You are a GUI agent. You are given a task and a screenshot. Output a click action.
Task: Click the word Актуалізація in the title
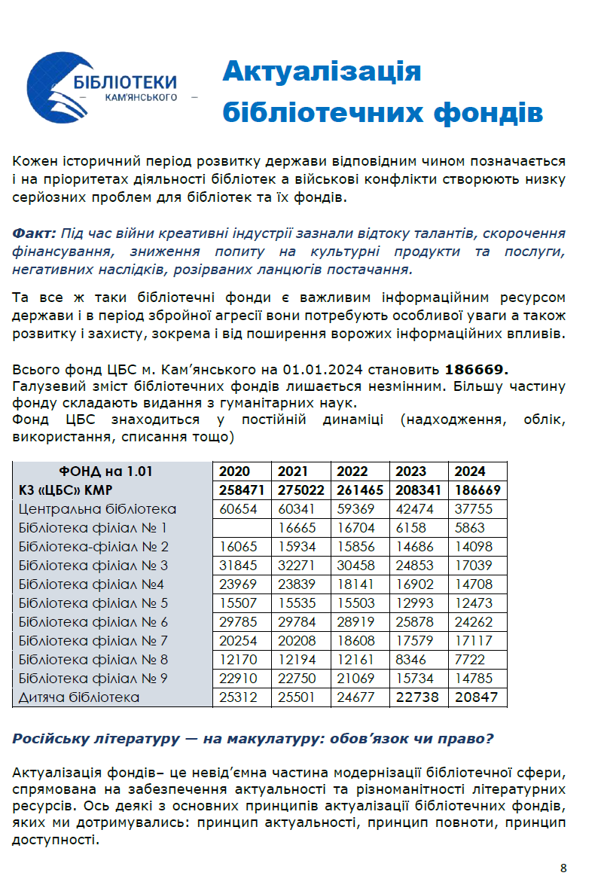(x=322, y=72)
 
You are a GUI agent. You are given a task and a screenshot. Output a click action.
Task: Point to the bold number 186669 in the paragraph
(x=477, y=370)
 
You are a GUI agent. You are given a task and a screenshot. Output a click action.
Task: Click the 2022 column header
(x=352, y=471)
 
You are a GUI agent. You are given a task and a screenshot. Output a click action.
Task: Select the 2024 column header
(x=471, y=471)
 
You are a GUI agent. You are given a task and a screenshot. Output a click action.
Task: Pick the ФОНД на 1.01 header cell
(x=112, y=471)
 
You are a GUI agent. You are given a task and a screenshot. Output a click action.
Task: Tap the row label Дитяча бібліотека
(x=79, y=697)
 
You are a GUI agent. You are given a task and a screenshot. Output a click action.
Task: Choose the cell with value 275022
(x=301, y=490)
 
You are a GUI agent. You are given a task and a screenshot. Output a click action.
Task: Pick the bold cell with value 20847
(x=476, y=697)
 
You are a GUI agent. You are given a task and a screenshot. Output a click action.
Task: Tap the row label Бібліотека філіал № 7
(x=93, y=641)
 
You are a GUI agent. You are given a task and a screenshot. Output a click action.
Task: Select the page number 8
(x=563, y=868)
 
